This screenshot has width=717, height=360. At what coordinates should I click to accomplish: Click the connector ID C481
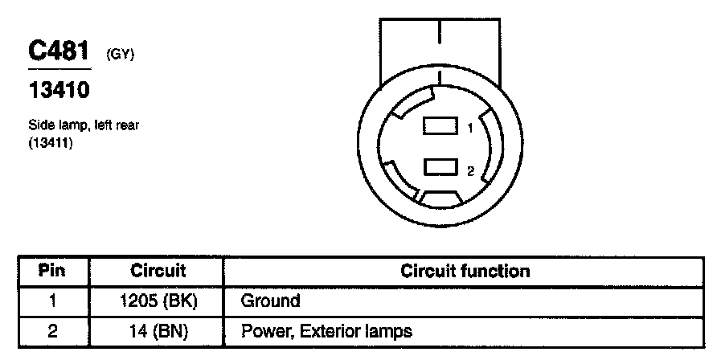click(58, 51)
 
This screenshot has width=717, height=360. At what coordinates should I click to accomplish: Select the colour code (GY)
click(119, 55)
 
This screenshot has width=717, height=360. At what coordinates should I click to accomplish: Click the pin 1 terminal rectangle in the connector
click(439, 126)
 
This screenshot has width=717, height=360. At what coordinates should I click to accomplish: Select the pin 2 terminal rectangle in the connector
click(439, 167)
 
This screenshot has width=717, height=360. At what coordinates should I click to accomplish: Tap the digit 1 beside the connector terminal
click(470, 128)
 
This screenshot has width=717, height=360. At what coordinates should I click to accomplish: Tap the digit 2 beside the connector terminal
click(470, 170)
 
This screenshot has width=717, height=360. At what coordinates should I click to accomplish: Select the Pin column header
click(52, 271)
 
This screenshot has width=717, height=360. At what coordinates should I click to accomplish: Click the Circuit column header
click(158, 271)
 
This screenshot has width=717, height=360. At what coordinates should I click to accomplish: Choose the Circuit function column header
click(465, 271)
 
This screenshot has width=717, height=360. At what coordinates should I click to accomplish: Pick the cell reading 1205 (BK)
click(158, 301)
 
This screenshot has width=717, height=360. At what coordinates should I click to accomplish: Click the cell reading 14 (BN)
click(158, 329)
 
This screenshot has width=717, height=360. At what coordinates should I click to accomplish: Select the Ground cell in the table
click(270, 301)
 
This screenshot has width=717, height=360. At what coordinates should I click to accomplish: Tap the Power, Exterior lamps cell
click(326, 329)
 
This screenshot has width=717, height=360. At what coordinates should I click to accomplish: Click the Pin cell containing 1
click(52, 301)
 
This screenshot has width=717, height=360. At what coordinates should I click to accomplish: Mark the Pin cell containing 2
click(52, 329)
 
